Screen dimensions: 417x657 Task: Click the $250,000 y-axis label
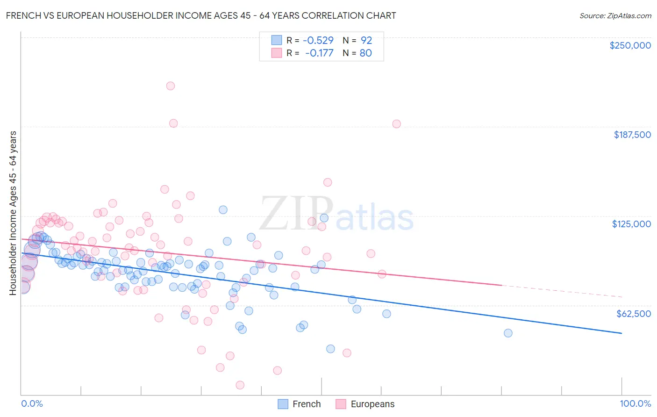coord(630,45)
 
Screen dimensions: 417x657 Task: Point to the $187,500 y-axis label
coord(632,135)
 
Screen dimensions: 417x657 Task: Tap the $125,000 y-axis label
coord(631,224)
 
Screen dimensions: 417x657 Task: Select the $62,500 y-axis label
coord(633,314)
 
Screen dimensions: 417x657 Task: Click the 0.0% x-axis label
coord(32,404)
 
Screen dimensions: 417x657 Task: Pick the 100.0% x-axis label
coord(635,404)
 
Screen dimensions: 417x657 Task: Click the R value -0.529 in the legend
coord(319,41)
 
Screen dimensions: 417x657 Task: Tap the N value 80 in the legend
coord(365,53)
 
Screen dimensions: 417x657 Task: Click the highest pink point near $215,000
coord(171,86)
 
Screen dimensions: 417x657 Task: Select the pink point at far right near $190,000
coord(397,124)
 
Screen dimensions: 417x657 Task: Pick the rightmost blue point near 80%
coord(508,333)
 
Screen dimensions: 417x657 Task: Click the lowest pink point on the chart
coord(240,385)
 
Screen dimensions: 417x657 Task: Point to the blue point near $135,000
coord(223,210)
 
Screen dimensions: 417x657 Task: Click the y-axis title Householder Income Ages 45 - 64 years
coord(13,213)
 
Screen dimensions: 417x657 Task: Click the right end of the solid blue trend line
coord(621,333)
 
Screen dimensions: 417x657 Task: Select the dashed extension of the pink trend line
coord(561,291)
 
